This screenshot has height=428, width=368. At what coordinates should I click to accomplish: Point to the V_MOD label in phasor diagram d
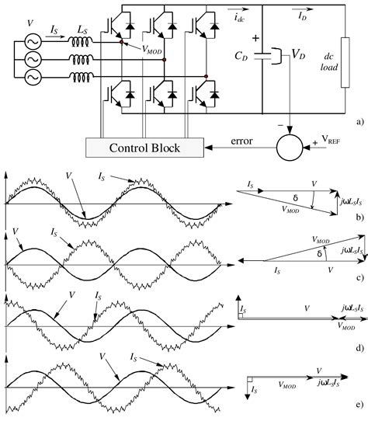(x=347, y=328)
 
